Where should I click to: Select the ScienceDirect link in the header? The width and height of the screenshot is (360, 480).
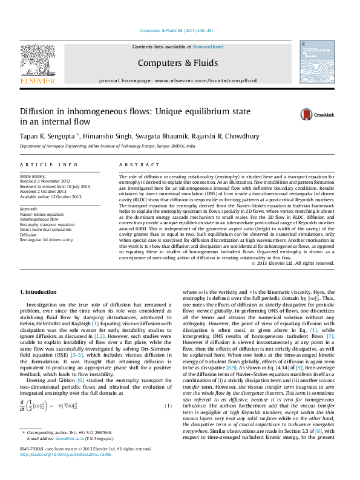[208, 47]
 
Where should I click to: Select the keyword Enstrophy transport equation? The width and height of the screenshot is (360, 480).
[48, 224]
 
